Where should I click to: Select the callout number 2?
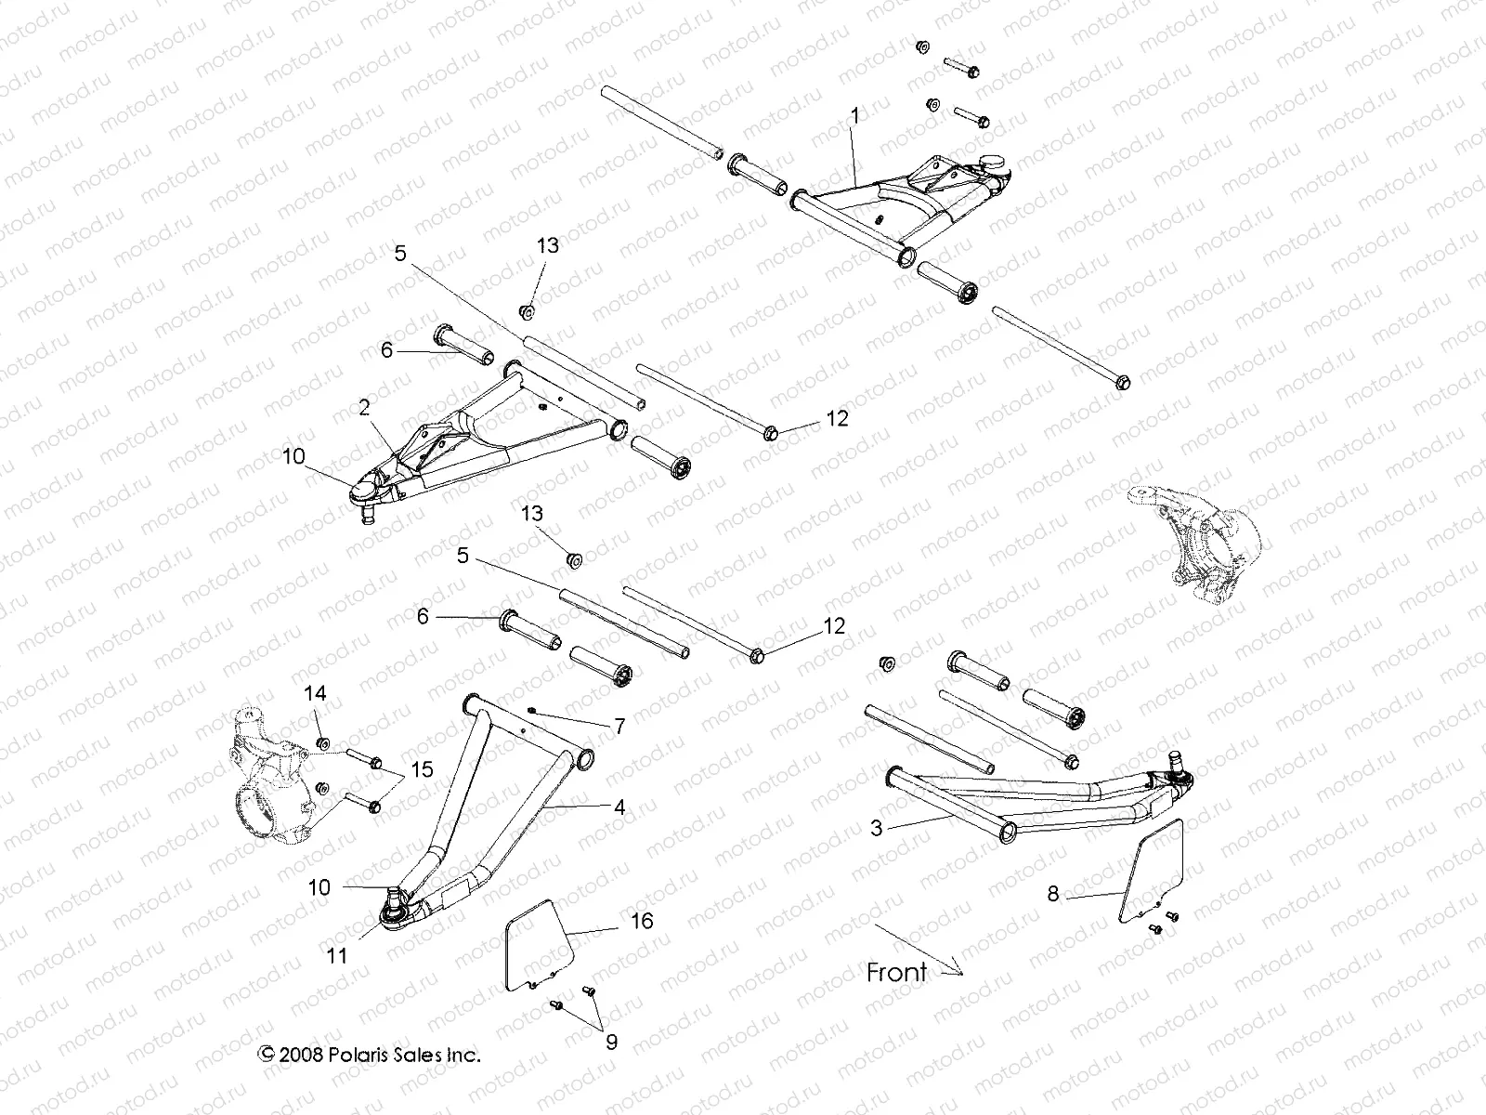point(364,406)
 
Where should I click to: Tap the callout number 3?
point(876,829)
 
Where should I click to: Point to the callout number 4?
point(619,807)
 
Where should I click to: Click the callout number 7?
point(619,726)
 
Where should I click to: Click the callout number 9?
point(610,1043)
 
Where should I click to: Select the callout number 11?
point(338,954)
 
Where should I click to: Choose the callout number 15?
point(422,770)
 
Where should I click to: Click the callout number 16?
point(642,921)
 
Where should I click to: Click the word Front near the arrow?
point(896,973)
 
